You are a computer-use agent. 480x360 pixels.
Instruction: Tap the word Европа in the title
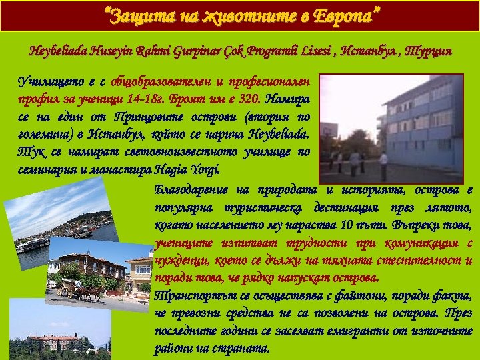pyautogui.click(x=347, y=14)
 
